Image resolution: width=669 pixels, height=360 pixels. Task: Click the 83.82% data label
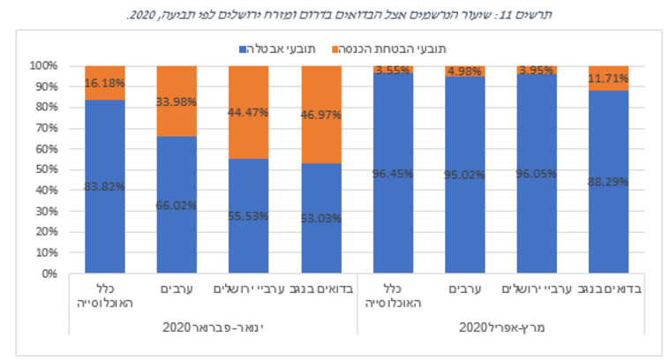pyautogui.click(x=104, y=186)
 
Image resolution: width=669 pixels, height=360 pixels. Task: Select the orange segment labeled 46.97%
pyautogui.click(x=320, y=114)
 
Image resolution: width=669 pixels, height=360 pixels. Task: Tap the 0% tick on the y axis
pyautogui.click(x=48, y=274)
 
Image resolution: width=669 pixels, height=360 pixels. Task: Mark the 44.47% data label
pyautogui.click(x=249, y=112)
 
